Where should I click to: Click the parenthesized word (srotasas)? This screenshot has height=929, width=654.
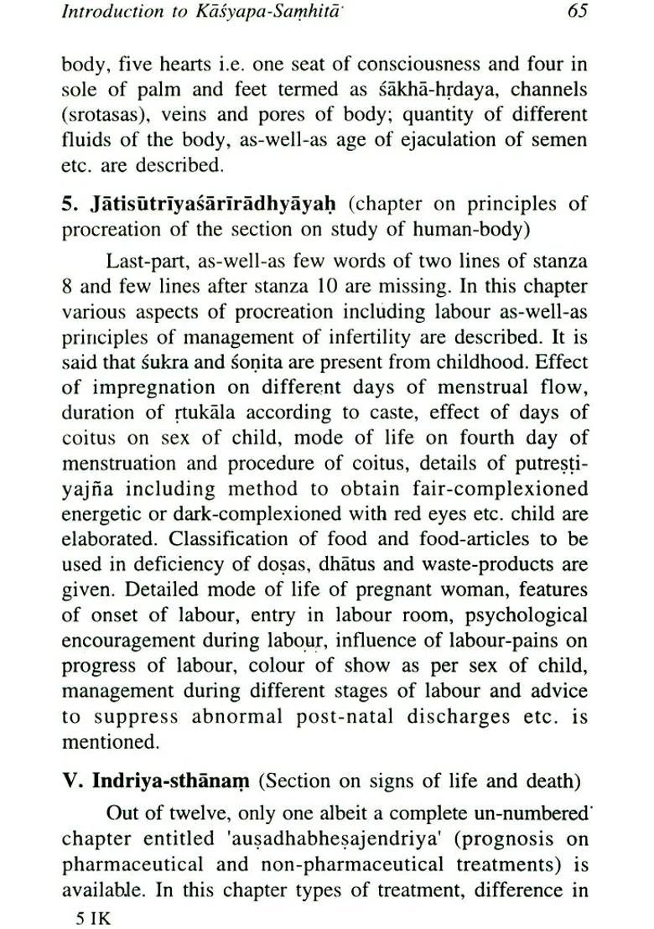pyautogui.click(x=104, y=114)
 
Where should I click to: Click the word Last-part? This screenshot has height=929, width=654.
pyautogui.click(x=147, y=260)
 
